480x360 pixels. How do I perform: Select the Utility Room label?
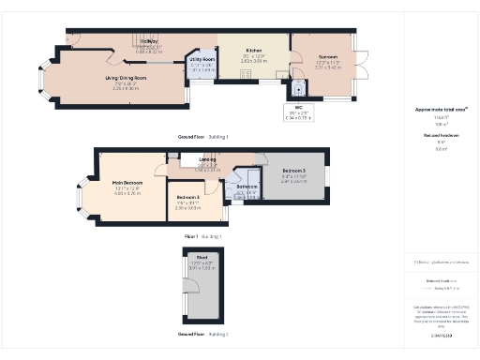(x=203, y=59)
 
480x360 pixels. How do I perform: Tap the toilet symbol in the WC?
(x=298, y=91)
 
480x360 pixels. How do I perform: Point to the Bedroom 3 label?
(x=294, y=170)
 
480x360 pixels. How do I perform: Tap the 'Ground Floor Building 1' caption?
(x=203, y=137)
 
